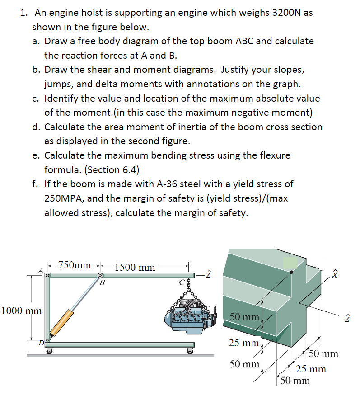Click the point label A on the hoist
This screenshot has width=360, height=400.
click(40, 271)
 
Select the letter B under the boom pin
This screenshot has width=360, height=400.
click(102, 283)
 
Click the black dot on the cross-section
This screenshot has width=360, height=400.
click(292, 272)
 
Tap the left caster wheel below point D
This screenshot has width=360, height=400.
click(49, 351)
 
